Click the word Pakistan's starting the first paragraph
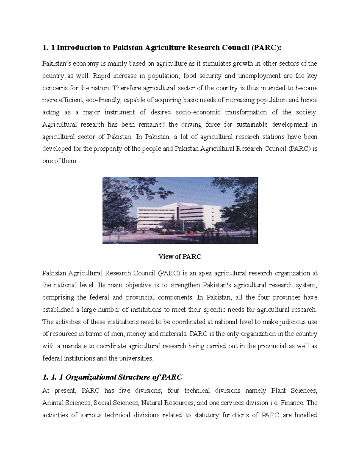coord(56,64)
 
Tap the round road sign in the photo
coord(165,230)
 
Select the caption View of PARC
coord(180,257)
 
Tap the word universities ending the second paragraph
coord(137,358)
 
